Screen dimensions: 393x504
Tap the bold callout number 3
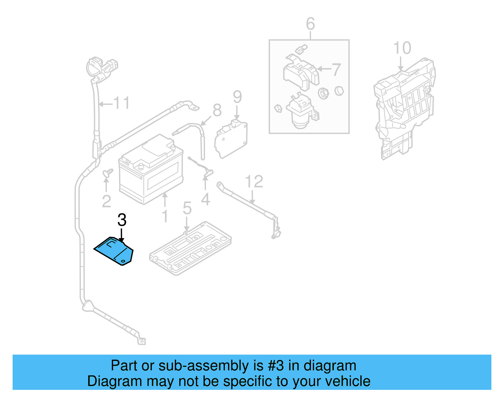122,220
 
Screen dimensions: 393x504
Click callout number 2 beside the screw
106,201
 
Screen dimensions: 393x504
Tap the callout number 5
187,208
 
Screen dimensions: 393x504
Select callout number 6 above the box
310,24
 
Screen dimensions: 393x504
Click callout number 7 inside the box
336,70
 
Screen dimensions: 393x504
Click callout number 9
237,97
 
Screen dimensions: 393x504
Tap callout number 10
402,48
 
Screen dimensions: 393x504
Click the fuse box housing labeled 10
405,107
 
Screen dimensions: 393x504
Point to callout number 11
121,103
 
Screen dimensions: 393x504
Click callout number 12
254,182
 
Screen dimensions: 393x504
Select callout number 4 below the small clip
205,199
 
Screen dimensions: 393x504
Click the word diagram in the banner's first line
329,366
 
